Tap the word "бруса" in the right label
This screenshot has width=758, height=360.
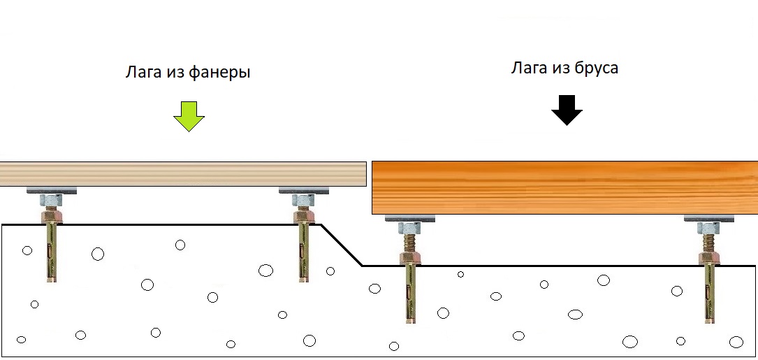click(597, 69)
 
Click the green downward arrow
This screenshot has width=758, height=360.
click(189, 116)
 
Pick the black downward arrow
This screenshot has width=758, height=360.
click(567, 110)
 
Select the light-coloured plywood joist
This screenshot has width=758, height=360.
click(183, 174)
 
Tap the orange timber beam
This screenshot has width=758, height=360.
click(564, 188)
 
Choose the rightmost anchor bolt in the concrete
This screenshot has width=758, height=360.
click(709, 273)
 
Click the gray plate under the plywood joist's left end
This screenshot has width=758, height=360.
click(52, 190)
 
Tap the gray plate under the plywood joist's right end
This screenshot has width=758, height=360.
click(304, 190)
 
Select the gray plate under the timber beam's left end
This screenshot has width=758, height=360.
click(410, 218)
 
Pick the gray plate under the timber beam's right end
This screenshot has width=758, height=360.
click(708, 218)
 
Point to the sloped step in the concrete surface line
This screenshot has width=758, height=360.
click(342, 245)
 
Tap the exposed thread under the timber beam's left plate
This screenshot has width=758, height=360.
click(410, 243)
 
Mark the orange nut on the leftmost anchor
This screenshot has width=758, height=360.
click(52, 215)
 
